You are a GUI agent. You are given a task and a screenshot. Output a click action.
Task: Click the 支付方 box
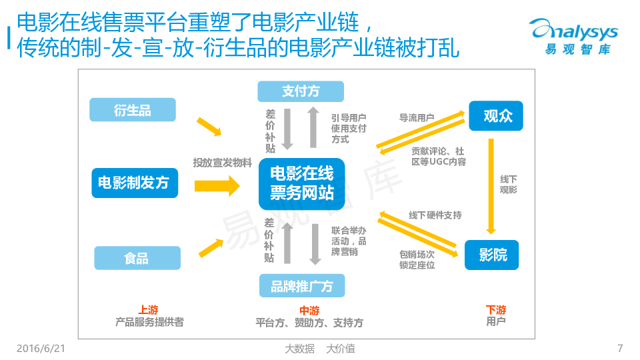click(x=301, y=91)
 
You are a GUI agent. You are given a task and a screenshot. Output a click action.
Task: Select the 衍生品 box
click(x=133, y=110)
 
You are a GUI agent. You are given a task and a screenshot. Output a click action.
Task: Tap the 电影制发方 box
click(x=135, y=183)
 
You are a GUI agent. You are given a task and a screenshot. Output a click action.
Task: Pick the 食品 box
click(x=137, y=257)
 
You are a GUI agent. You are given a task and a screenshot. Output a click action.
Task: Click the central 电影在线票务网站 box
click(x=301, y=183)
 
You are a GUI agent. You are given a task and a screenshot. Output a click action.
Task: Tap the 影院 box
click(x=492, y=255)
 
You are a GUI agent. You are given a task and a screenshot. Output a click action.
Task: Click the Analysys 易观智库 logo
click(x=574, y=37)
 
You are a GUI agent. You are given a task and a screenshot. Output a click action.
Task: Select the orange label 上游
click(x=149, y=310)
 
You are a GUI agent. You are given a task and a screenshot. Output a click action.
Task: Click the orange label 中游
click(x=309, y=311)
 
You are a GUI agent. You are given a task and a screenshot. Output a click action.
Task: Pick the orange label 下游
click(x=496, y=310)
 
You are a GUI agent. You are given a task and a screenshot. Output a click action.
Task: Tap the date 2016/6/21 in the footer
click(x=40, y=348)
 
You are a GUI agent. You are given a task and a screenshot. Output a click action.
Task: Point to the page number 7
click(x=620, y=348)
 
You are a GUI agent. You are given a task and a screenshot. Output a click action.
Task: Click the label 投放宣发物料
click(x=222, y=162)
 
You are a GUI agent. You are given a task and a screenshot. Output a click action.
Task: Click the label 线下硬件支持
click(x=435, y=215)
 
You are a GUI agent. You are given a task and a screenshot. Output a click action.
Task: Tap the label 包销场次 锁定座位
click(x=417, y=259)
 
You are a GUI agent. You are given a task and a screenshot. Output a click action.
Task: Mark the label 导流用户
click(x=417, y=118)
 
